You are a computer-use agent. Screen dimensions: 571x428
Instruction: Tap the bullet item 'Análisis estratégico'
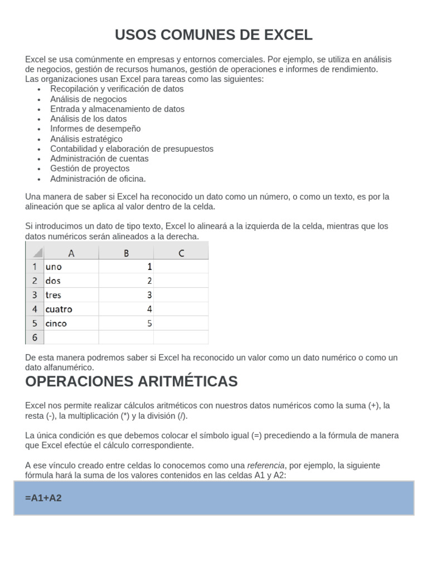point(86,139)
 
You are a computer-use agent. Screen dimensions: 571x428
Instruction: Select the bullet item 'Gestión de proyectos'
point(90,168)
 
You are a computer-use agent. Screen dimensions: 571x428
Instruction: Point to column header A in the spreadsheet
point(71,253)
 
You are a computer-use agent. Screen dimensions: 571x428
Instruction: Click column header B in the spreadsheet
point(126,253)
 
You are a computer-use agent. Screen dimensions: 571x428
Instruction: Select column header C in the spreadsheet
point(181,253)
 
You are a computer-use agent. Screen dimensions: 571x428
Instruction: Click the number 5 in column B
point(149,323)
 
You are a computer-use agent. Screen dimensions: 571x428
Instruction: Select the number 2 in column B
point(149,281)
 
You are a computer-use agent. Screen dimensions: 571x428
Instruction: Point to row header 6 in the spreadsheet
point(34,337)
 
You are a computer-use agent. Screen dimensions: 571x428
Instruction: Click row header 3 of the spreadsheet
point(34,295)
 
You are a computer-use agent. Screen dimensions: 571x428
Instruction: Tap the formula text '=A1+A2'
point(43,498)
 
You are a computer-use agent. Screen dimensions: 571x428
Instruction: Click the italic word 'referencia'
point(266,465)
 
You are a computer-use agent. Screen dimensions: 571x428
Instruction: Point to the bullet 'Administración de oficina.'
point(98,178)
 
